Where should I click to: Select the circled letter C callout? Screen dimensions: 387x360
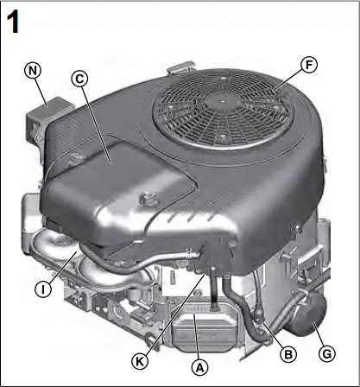[x=79, y=79]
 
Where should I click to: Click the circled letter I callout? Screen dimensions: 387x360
[x=41, y=289]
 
